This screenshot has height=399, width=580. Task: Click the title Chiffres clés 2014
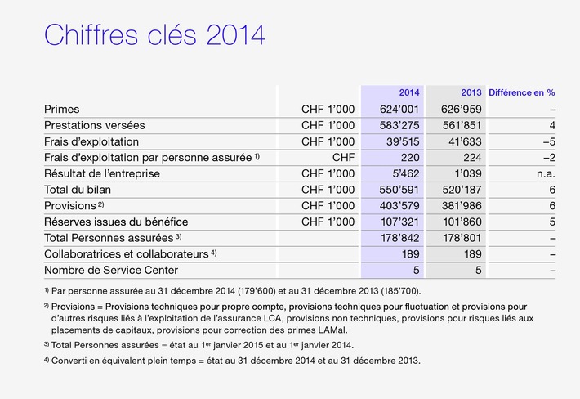coord(154,37)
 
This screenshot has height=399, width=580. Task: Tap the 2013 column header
coord(471,92)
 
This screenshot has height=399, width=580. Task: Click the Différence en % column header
coord(521,92)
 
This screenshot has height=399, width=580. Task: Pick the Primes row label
coord(62,109)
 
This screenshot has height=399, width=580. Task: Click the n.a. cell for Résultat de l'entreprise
coord(546,173)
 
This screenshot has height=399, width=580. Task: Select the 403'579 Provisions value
coord(399,205)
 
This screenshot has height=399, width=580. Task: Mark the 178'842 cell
coord(399,238)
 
